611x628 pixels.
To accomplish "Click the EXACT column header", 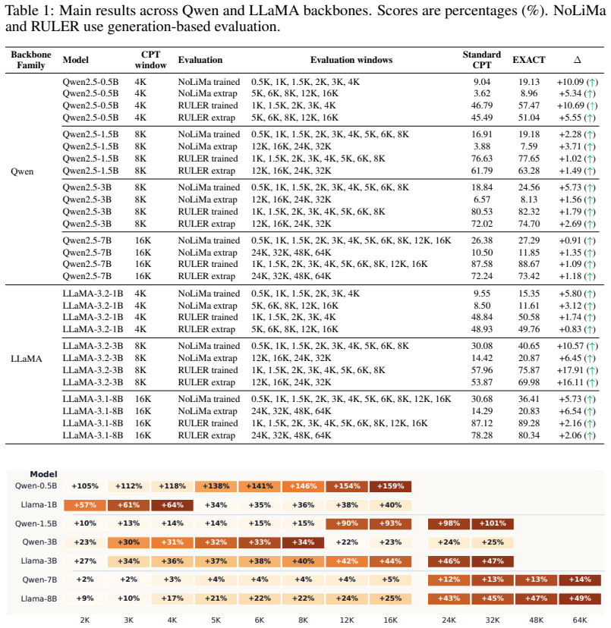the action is coord(528,60).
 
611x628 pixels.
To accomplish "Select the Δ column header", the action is coord(578,60).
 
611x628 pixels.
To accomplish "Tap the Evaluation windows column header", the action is coord(351,60).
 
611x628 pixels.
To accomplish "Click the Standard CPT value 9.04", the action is coord(481,82).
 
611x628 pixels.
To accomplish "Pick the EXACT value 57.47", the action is coord(529,105).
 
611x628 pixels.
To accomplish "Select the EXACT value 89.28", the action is coord(529,423).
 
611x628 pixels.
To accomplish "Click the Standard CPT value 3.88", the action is coord(481,146).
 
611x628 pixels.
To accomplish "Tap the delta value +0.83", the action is coord(570,329).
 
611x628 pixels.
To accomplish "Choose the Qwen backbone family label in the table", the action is coord(22,171).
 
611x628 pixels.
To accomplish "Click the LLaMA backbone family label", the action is coord(26,359).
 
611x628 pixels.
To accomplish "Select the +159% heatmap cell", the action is coord(390,486).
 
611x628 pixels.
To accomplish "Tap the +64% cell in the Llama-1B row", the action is coord(172,505).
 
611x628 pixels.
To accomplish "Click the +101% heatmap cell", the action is coord(493,523).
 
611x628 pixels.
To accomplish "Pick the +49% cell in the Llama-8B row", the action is coord(580,598).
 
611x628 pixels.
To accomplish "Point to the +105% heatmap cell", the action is coord(85,486).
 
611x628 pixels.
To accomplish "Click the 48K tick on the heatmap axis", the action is coord(536,620).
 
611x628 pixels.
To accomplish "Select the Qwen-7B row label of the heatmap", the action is coord(39,579).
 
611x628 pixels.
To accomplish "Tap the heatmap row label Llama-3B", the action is coord(39,560).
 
